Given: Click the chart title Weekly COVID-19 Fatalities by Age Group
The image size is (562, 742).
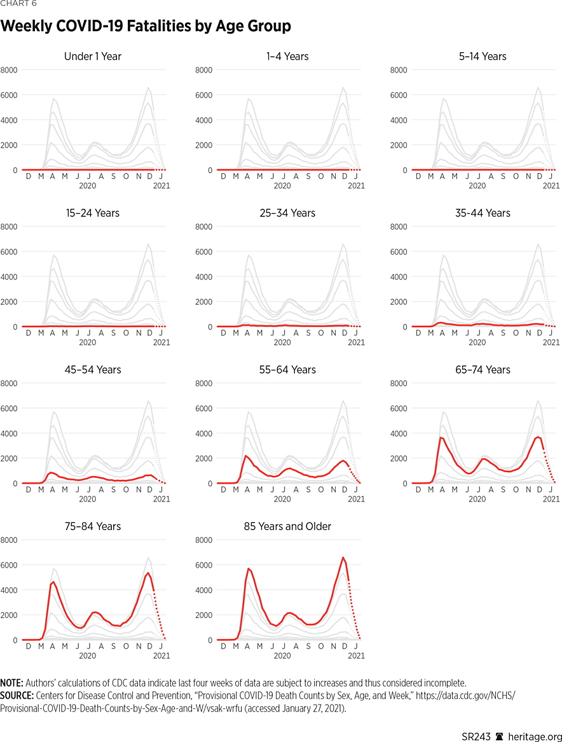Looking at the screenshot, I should pyautogui.click(x=146, y=26).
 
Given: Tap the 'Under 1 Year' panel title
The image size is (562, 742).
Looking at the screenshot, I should pyautogui.click(x=93, y=57).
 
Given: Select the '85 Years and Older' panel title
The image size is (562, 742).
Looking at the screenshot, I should pyautogui.click(x=287, y=526).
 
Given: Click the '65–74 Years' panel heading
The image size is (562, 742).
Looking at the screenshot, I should pyautogui.click(x=483, y=370).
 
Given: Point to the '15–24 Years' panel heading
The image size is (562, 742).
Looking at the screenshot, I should pyautogui.click(x=93, y=213).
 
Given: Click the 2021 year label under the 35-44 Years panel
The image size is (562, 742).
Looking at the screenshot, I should pyautogui.click(x=551, y=342).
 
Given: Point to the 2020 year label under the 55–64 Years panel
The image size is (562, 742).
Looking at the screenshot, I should pyautogui.click(x=282, y=499).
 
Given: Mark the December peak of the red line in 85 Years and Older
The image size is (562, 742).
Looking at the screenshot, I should pyautogui.click(x=343, y=557).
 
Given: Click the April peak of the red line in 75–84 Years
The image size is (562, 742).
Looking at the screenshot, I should pyautogui.click(x=53, y=582).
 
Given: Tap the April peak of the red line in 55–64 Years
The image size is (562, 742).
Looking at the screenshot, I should pyautogui.click(x=247, y=456).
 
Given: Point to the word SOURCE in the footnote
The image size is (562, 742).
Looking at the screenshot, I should pyautogui.click(x=17, y=696).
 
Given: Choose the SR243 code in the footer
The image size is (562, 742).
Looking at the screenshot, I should pyautogui.click(x=476, y=736).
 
